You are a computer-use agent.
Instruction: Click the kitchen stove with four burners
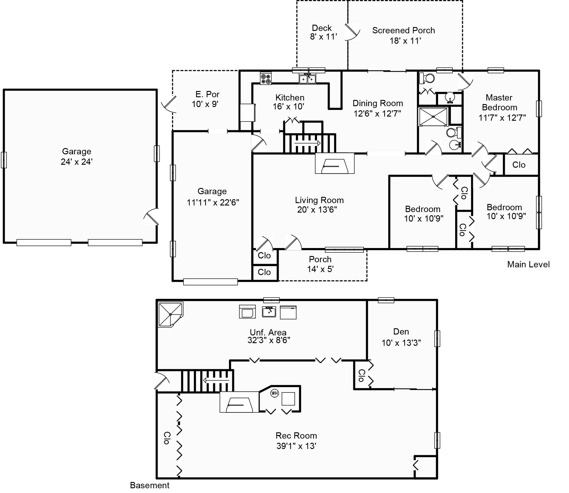point(266,78)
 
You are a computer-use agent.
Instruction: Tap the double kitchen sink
point(307,79)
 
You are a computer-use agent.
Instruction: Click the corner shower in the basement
point(170,315)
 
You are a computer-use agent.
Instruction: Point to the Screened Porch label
point(403,31)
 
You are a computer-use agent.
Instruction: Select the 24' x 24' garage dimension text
point(77,162)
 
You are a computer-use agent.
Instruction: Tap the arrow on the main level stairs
point(307,143)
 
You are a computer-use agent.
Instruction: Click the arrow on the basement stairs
point(216,380)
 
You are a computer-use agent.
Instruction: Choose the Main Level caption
point(528,264)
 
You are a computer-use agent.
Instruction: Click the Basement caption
point(150,485)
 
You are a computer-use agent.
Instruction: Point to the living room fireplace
point(335,163)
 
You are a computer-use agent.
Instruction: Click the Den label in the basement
point(401,332)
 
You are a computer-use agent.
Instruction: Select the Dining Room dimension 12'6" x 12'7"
point(377,114)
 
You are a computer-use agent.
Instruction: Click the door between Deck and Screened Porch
point(352,32)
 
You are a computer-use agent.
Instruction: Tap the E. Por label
point(207,94)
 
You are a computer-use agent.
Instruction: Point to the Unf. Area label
point(268,332)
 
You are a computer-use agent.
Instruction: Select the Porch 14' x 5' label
point(320,264)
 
